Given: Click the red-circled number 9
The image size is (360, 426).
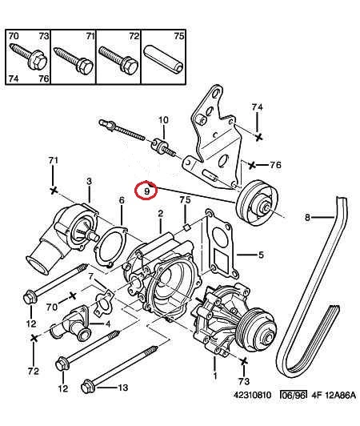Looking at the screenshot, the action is point(147,191).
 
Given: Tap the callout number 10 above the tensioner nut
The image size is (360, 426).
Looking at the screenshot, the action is point(163,120).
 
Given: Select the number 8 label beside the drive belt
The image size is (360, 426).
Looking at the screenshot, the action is point(307,217).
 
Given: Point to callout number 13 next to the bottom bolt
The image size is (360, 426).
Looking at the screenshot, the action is point(123,387).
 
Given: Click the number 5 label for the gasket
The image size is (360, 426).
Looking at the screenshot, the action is point(261,255).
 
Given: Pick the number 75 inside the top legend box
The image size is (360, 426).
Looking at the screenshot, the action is point(179,36).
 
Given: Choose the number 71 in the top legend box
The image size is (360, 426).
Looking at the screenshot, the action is point(90,36).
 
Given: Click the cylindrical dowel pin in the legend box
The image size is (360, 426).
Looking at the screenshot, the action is point(165,59).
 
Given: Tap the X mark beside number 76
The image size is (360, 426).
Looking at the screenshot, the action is point(252,165).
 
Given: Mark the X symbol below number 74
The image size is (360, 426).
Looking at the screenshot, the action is point(259,137).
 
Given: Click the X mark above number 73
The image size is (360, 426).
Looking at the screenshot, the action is point(244,361).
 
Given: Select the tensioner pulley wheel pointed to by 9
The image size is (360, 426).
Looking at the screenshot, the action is point(257,203).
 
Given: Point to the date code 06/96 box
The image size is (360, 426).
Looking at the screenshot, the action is point(294,395).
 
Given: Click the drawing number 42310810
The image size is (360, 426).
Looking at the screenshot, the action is point(252,395).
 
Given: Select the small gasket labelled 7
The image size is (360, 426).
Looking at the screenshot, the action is point(103,303).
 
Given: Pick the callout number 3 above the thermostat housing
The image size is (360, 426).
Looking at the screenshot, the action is point(89,182).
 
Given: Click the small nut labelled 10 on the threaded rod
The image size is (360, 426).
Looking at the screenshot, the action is point(159,145).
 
